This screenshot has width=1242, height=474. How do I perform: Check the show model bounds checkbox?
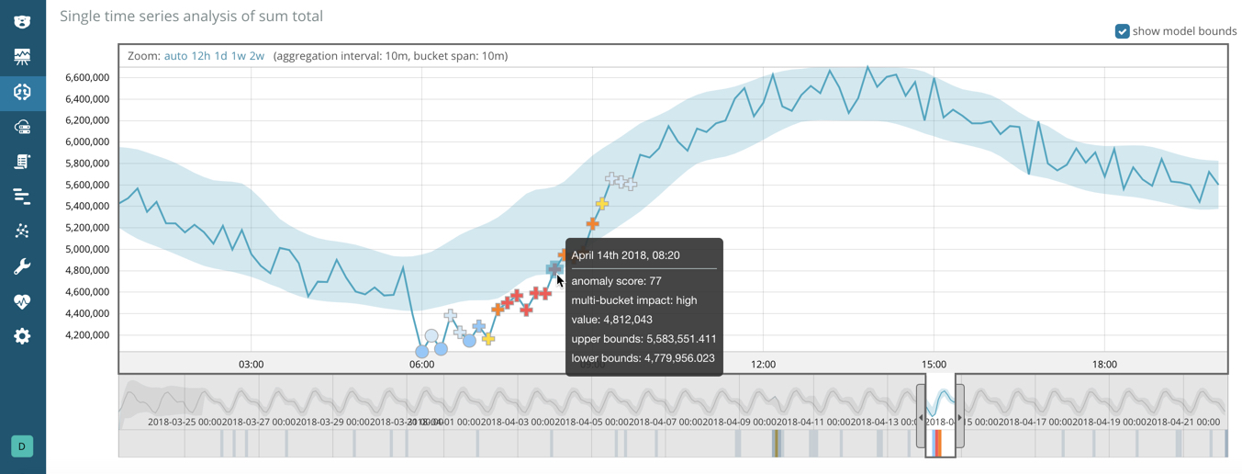(x=1122, y=31)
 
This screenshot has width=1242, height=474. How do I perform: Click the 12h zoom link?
(x=200, y=56)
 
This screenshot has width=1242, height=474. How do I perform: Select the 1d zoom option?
(x=220, y=56)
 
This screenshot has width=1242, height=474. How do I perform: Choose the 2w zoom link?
(x=256, y=56)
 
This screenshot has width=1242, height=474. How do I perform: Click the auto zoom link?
(x=175, y=56)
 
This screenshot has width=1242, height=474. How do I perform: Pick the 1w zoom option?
(x=238, y=56)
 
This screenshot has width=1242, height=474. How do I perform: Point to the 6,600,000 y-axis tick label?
(x=88, y=77)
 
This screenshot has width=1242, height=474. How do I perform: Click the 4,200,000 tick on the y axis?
(x=88, y=335)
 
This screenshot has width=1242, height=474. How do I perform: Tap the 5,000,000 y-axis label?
(x=88, y=249)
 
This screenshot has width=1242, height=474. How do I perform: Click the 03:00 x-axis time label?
(x=251, y=365)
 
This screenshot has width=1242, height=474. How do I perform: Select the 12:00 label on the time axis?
(x=763, y=365)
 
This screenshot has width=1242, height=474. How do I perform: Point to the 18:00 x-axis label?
(x=1104, y=365)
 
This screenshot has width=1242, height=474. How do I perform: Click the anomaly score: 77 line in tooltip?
(x=616, y=281)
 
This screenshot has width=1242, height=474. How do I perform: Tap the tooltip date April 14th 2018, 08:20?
(x=625, y=255)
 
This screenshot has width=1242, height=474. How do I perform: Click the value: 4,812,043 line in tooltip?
(x=611, y=320)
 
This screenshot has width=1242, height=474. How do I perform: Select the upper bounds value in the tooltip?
(x=643, y=339)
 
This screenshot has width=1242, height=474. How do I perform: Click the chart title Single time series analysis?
(x=191, y=16)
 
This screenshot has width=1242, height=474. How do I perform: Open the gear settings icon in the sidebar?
(x=22, y=336)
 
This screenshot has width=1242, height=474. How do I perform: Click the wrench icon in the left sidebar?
(x=22, y=266)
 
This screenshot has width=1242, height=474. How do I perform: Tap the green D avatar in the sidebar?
(x=22, y=446)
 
